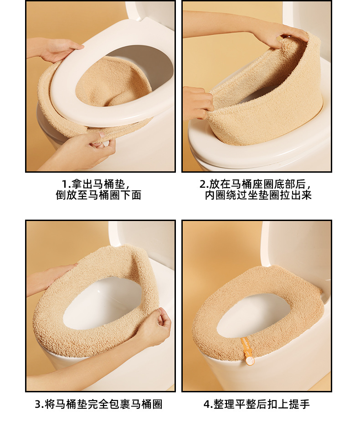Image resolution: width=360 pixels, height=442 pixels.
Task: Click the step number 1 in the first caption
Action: (x=65, y=184)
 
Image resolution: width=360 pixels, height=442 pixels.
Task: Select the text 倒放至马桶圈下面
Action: (x=98, y=195)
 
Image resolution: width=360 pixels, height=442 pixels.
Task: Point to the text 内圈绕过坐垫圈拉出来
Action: (x=258, y=195)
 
